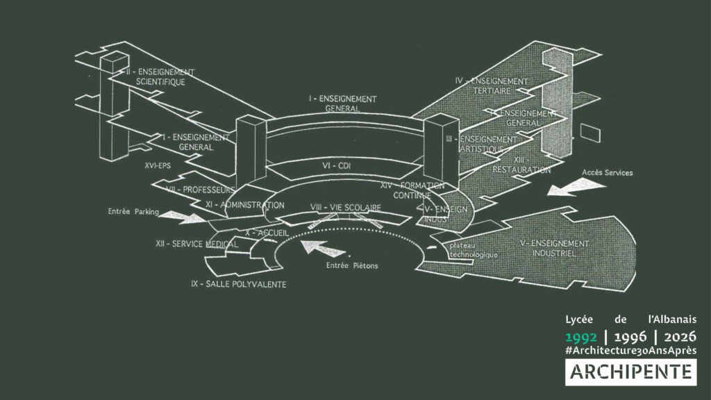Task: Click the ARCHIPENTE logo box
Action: [630, 372]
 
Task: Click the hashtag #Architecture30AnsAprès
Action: [630, 351]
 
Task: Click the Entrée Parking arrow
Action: [182, 217]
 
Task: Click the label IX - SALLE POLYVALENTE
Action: [238, 284]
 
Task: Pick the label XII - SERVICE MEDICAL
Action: [196, 244]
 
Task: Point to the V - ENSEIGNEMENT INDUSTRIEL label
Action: [554, 249]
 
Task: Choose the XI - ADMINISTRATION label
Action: [244, 206]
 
